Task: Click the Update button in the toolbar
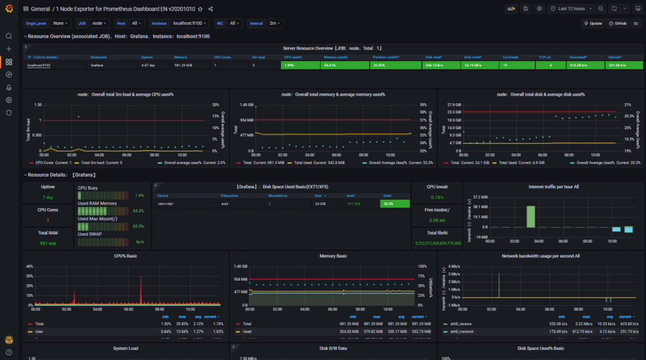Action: [x=593, y=23]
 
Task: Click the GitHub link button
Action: [x=618, y=23]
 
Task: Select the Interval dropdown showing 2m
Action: [x=275, y=23]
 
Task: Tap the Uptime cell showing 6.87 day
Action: [x=148, y=65]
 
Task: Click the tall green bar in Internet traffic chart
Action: [x=531, y=216]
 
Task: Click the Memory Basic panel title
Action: [x=332, y=256]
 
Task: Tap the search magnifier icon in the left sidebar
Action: [x=9, y=36]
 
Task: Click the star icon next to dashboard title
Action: [x=200, y=9]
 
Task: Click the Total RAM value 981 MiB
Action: [x=48, y=243]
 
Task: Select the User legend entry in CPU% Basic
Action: [x=39, y=331]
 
